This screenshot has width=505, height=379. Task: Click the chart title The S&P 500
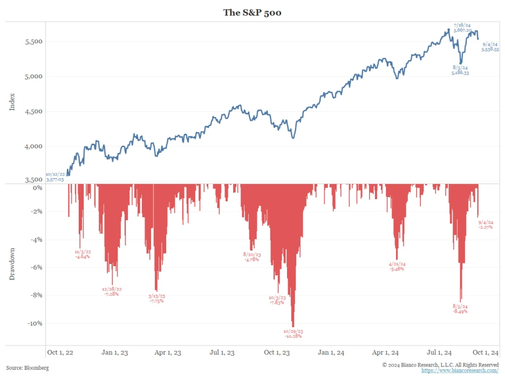pyautogui.click(x=252, y=12)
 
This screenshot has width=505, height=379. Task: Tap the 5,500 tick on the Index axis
pyautogui.click(x=34, y=42)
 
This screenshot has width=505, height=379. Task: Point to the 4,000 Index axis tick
pyautogui.click(x=34, y=146)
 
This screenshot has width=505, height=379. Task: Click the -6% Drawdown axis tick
pyautogui.click(x=35, y=268)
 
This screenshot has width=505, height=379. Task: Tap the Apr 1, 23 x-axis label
pyautogui.click(x=167, y=353)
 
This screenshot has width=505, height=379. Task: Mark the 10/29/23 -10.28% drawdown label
pyautogui.click(x=294, y=334)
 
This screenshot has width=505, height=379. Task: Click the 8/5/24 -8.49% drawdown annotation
pyautogui.click(x=460, y=309)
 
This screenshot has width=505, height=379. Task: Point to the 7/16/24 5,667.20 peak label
pyautogui.click(x=463, y=28)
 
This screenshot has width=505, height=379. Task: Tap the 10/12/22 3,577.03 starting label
pyautogui.click(x=55, y=177)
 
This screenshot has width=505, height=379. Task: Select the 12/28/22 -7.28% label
pyautogui.click(x=112, y=292)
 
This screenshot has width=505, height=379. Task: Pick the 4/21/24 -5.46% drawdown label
pyautogui.click(x=397, y=267)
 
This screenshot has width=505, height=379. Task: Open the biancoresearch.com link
pyautogui.click(x=460, y=370)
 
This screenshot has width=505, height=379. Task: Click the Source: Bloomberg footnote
pyautogui.click(x=28, y=368)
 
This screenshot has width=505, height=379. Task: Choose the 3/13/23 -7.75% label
pyautogui.click(x=156, y=299)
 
